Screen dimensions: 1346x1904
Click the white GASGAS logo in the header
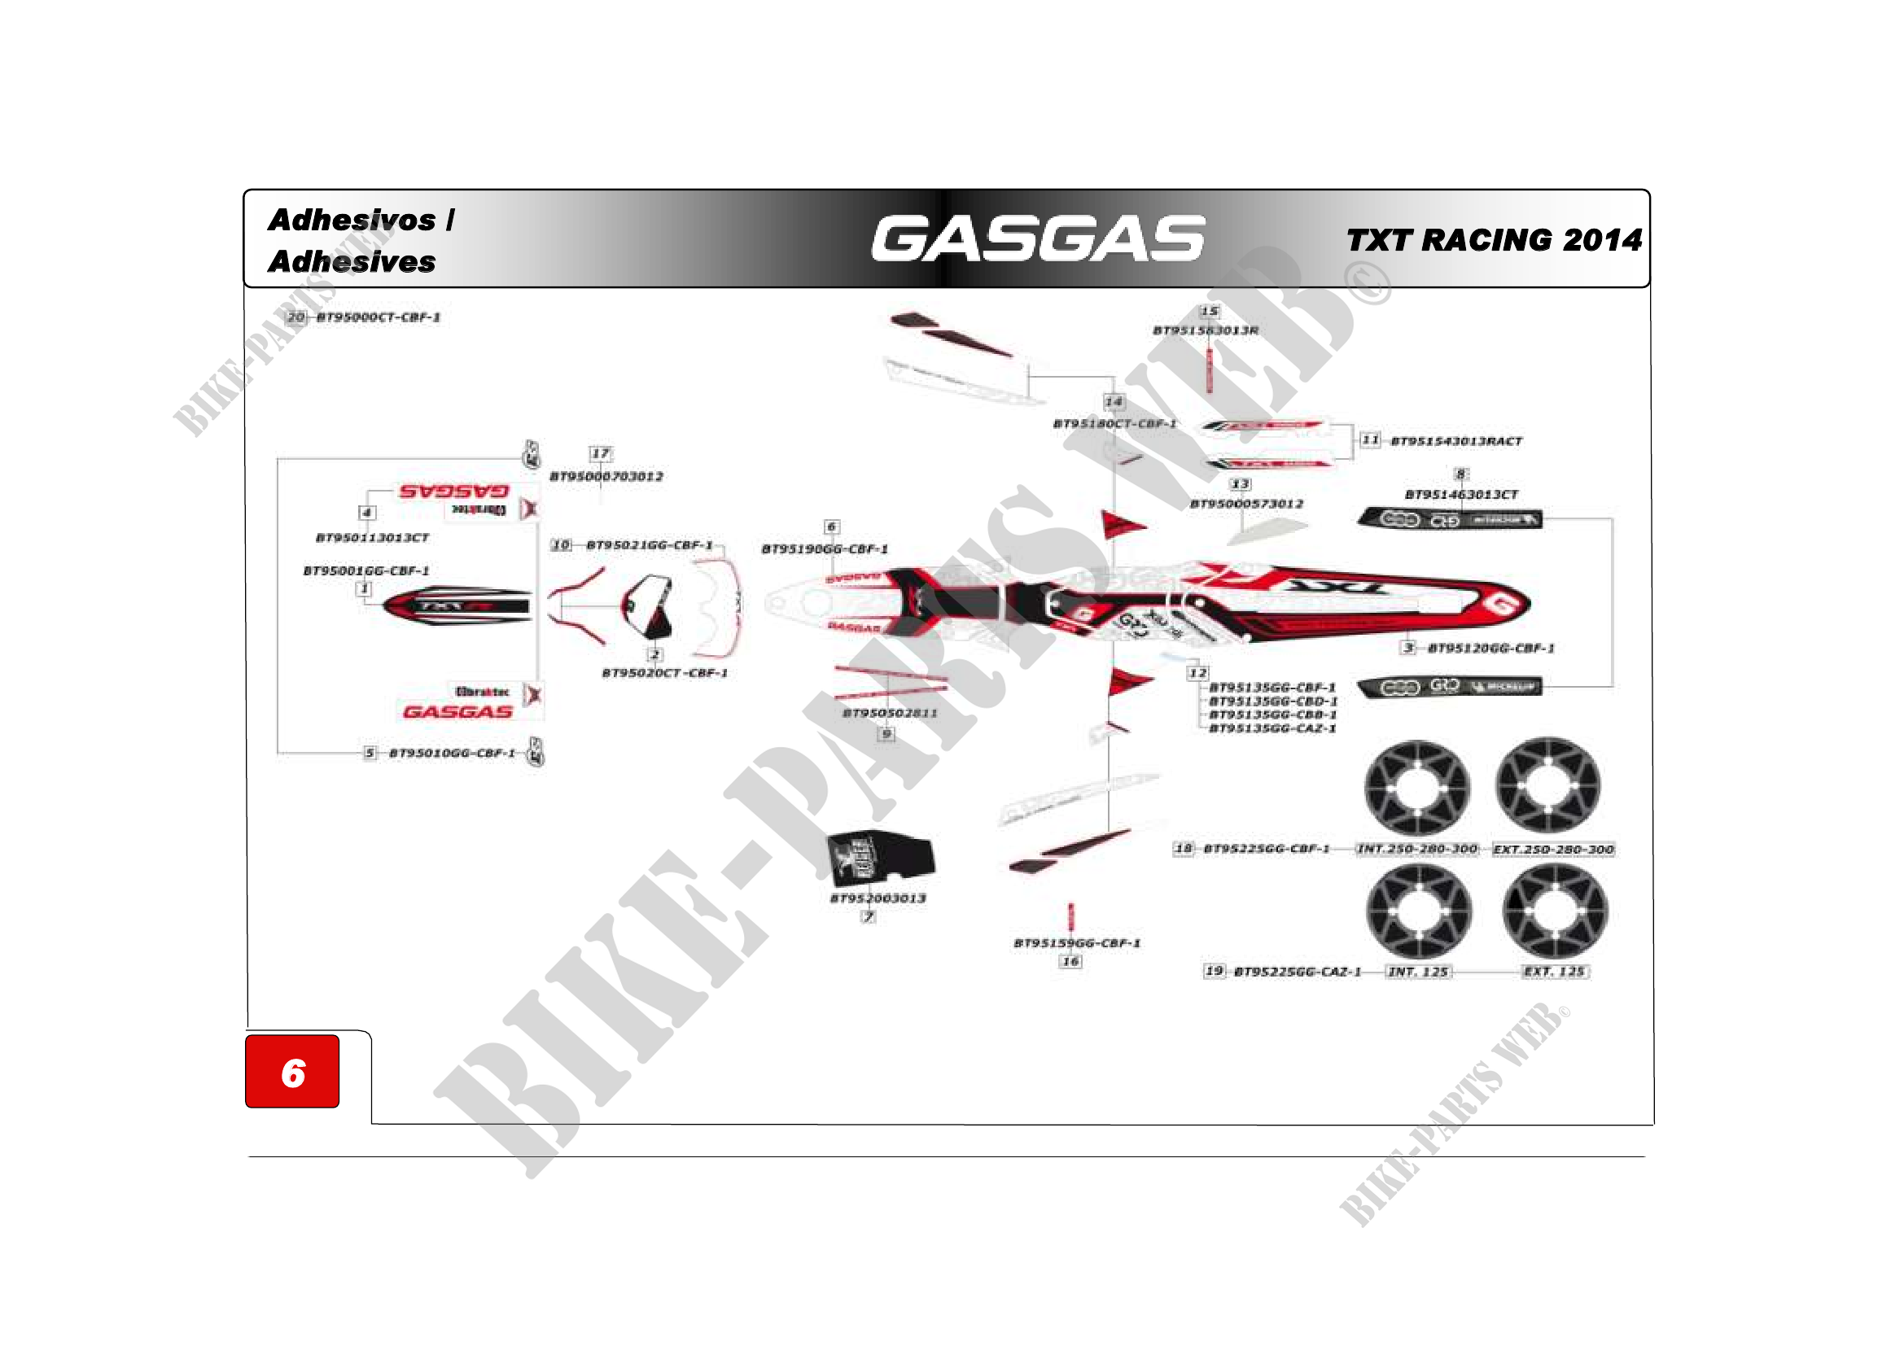pyautogui.click(x=1037, y=238)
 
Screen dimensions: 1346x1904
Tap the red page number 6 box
pyautogui.click(x=292, y=1072)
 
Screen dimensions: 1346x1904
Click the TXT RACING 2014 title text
pyautogui.click(x=1494, y=240)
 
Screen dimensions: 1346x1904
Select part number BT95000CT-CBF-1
pyautogui.click(x=379, y=317)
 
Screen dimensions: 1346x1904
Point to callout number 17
pyautogui.click(x=601, y=453)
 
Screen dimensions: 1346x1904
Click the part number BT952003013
pyautogui.click(x=878, y=898)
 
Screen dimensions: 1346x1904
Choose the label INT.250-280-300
pyautogui.click(x=1417, y=849)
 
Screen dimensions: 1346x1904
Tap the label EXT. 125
pyautogui.click(x=1554, y=972)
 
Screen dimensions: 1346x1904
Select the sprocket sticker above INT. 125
pyautogui.click(x=1419, y=910)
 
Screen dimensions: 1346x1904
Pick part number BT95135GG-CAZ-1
pyautogui.click(x=1273, y=728)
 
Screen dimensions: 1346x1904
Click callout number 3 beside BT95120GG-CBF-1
pyautogui.click(x=1408, y=647)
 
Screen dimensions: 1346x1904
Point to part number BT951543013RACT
pyautogui.click(x=1456, y=441)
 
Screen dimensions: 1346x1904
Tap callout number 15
pyautogui.click(x=1210, y=312)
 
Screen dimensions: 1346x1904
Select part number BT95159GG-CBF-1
pyautogui.click(x=1077, y=943)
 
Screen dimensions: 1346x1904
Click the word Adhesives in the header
pyautogui.click(x=352, y=262)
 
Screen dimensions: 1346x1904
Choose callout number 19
pyautogui.click(x=1214, y=971)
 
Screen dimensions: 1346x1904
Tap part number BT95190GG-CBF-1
pyautogui.click(x=825, y=548)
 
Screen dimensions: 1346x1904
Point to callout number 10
pyautogui.click(x=562, y=544)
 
